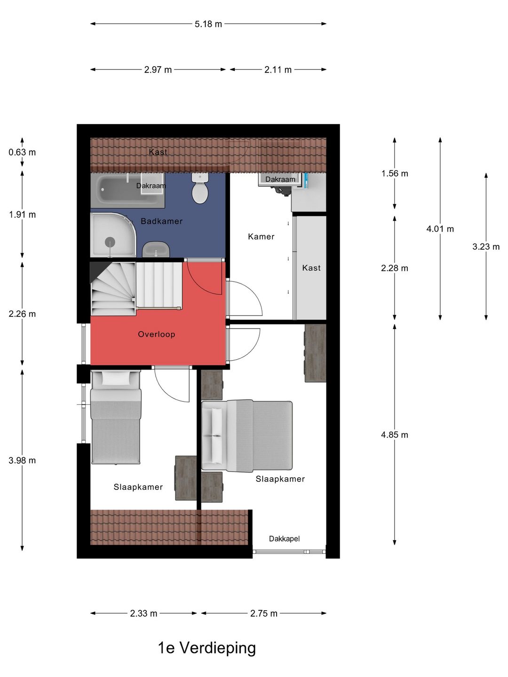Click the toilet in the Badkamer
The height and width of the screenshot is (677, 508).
point(200,188)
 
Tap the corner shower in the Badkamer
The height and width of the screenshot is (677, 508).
point(113,235)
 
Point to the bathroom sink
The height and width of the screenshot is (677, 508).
point(156,249)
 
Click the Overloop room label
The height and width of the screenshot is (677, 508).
point(156,334)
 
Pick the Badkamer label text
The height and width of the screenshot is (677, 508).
point(162,221)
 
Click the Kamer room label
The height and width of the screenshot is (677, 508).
point(261,236)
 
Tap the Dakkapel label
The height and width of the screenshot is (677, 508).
point(284,538)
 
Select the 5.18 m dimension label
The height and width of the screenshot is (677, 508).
point(208,24)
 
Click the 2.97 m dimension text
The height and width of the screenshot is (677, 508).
point(158,70)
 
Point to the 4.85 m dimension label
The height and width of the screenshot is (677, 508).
point(395,435)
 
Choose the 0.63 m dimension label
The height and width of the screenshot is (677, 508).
point(22,152)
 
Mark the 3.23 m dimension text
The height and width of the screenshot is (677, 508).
point(486,247)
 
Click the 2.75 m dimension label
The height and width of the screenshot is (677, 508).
point(264,614)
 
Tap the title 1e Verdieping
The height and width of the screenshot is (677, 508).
point(207,648)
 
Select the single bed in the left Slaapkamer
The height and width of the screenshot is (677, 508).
point(116,417)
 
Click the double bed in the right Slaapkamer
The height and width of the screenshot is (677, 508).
point(247,436)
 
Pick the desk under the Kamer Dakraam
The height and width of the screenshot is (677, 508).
point(309,192)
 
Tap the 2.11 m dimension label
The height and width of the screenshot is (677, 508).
point(278,70)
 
